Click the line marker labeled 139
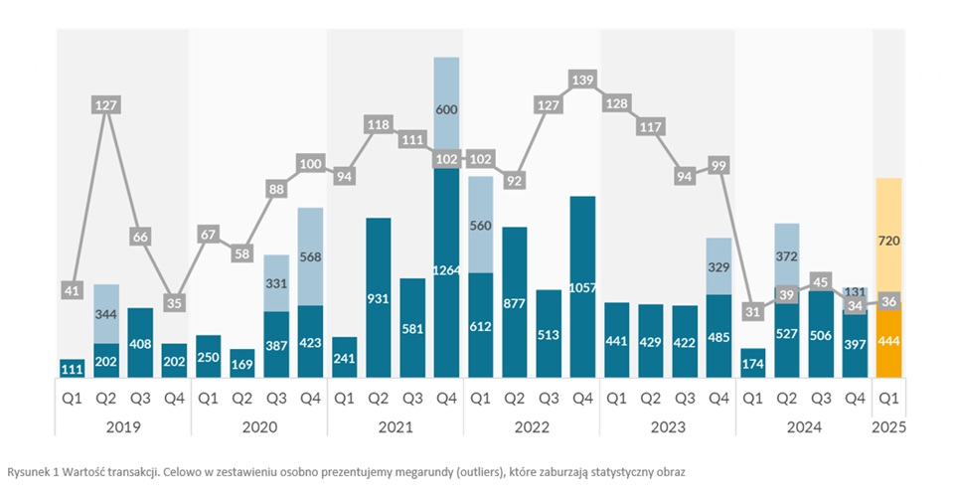point(582,79)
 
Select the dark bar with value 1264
point(447,270)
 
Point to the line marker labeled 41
point(72,290)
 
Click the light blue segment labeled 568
point(310,256)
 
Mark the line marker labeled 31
point(752,311)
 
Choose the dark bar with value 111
point(72,368)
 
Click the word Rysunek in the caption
point(27,472)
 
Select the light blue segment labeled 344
point(106,314)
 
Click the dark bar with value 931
point(379,297)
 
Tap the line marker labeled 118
point(379,125)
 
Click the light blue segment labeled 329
point(719,266)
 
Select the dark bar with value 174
point(752,364)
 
